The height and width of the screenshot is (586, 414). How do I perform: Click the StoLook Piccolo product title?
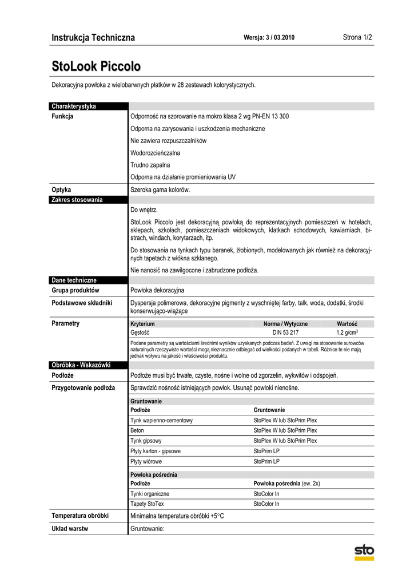coord(95,66)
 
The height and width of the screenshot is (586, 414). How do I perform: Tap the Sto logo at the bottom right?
coord(364,552)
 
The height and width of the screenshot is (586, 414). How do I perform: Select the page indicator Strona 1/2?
coord(357,38)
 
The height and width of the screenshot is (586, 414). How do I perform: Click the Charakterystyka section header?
coord(74,106)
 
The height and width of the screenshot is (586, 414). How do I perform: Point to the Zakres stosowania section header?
coord(77,200)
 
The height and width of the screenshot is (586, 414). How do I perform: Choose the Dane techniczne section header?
coord(74,280)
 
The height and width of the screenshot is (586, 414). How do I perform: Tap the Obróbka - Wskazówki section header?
coord(81,365)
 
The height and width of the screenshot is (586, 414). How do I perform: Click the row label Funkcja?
coord(62,116)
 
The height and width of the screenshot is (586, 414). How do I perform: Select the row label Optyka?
coord(61,189)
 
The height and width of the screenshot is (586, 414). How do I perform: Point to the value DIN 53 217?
coord(285,332)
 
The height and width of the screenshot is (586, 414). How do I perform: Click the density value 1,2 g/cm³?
coord(347,332)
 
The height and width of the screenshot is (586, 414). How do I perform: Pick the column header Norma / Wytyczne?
coord(285,323)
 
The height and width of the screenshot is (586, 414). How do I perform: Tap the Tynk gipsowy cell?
coord(146,441)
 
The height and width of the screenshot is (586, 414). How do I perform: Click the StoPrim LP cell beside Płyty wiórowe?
coord(266,461)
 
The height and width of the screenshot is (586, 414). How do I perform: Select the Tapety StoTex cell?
coord(147,504)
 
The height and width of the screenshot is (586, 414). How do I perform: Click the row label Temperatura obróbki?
coord(80,516)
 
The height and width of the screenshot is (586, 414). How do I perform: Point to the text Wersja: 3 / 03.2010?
coord(269,38)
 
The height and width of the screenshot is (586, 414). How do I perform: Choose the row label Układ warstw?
coord(70,528)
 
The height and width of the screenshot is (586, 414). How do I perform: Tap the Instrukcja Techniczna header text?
coord(93,38)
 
